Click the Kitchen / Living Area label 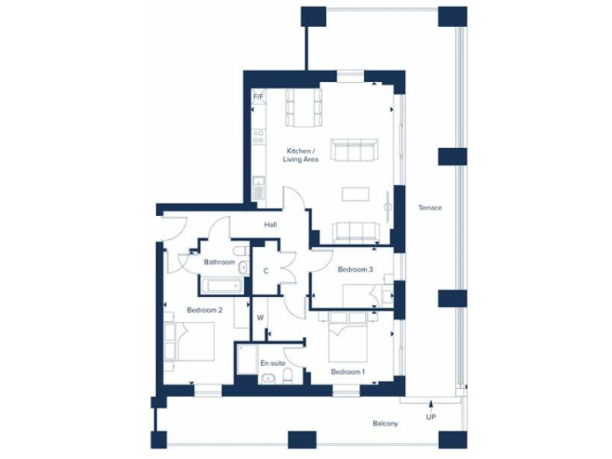302,155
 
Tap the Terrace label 430,208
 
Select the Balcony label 385,423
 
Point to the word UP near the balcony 431,417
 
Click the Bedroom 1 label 347,372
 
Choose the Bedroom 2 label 204,310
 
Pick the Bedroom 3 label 355,269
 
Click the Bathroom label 218,262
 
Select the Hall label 271,226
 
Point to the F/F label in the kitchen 258,97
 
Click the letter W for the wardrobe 260,317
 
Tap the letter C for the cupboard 265,271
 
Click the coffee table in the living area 355,194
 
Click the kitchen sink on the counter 258,190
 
